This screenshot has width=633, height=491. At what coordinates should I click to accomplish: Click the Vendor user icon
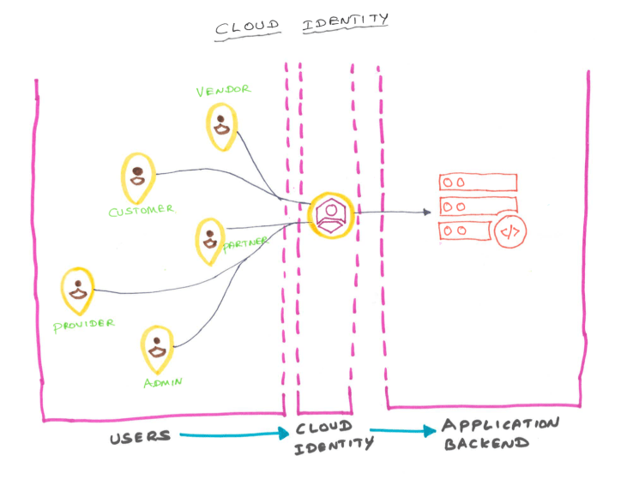[x=222, y=125]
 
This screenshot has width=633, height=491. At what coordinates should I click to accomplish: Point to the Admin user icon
[x=158, y=348]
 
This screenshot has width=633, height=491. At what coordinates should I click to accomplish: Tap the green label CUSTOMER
[x=142, y=210]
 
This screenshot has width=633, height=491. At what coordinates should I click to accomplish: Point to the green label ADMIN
[x=162, y=381]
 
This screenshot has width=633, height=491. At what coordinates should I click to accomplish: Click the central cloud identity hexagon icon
[x=329, y=213]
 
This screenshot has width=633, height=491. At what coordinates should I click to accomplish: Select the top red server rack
[x=478, y=183]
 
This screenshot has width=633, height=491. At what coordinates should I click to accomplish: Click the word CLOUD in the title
[x=247, y=26]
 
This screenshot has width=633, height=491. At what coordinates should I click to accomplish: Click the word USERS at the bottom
[x=140, y=437]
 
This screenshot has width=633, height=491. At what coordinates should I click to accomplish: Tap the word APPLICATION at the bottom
[x=501, y=425]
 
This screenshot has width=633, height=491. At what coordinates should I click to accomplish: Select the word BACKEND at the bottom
[x=486, y=445]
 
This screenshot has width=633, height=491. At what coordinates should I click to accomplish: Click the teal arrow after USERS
[x=232, y=435]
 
